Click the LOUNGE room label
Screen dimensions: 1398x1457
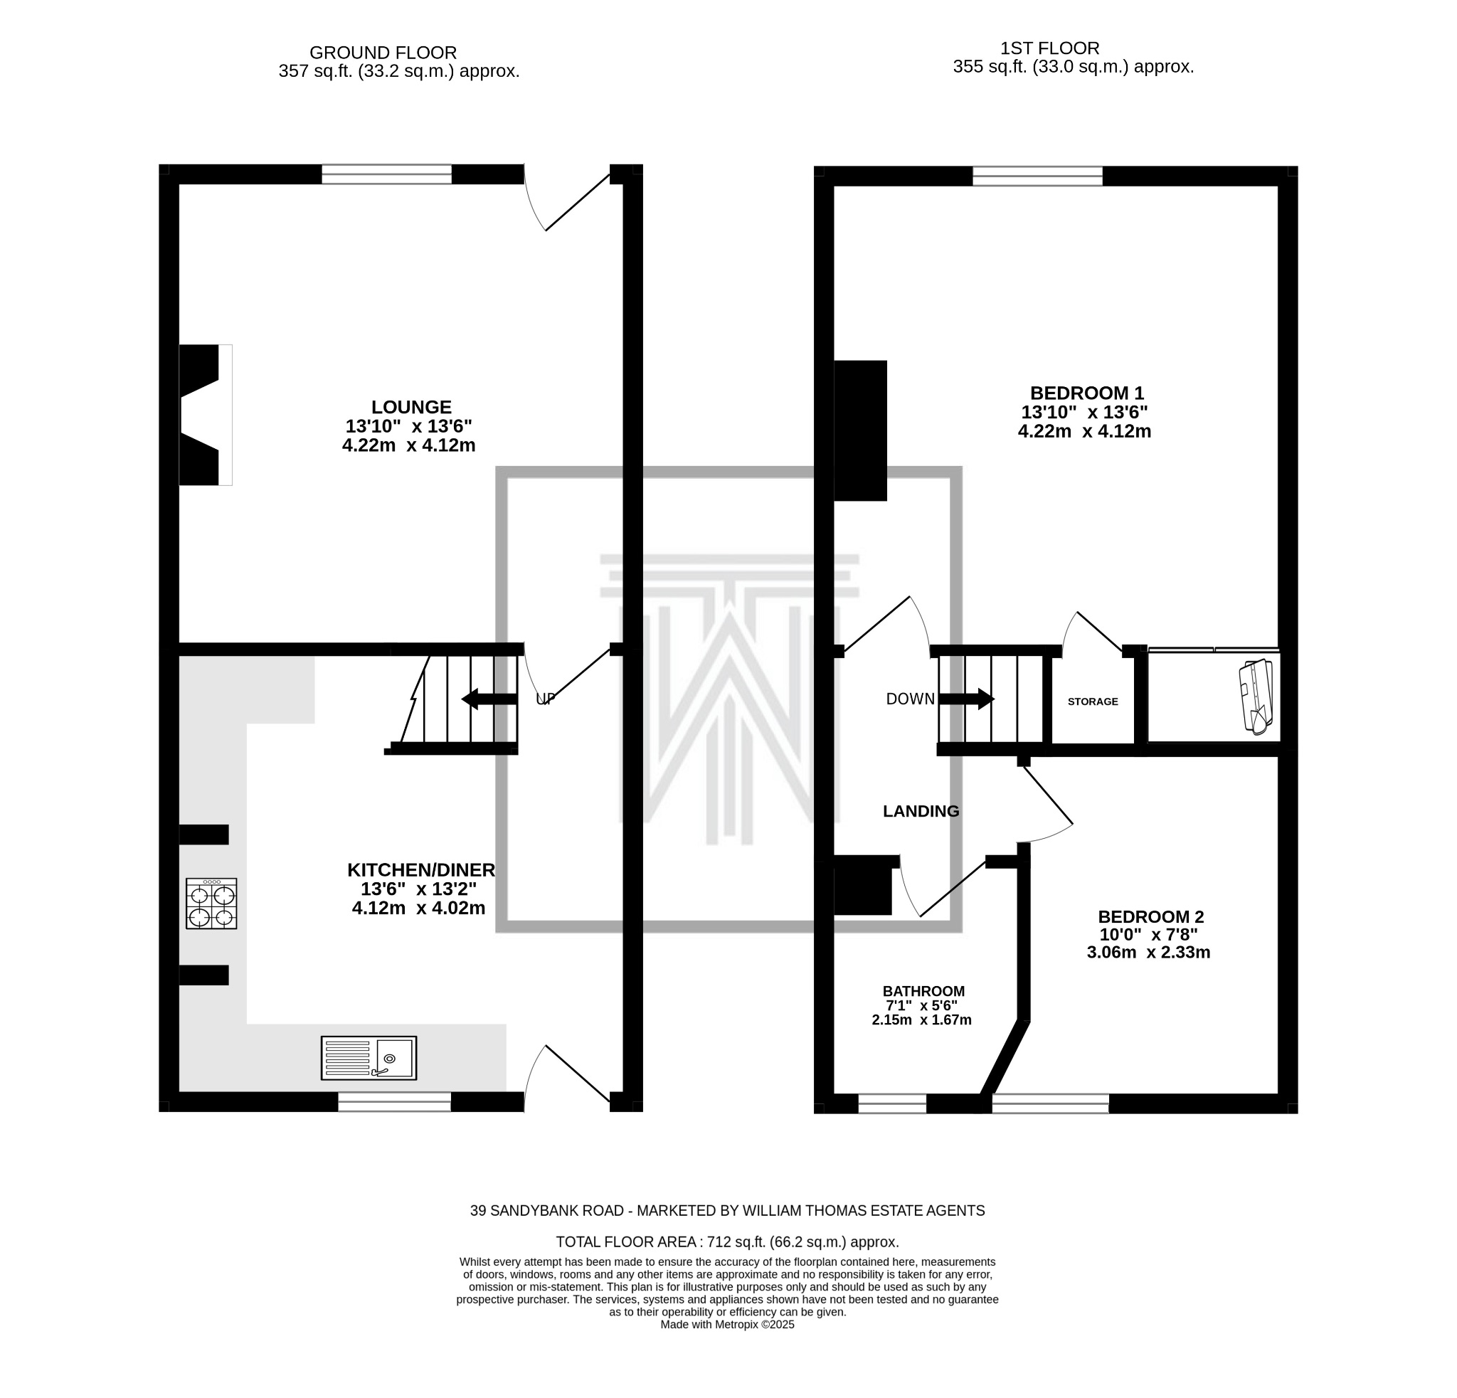[x=411, y=407]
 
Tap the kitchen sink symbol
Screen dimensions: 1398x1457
[x=369, y=1058]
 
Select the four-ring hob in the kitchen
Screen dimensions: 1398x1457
[x=211, y=903]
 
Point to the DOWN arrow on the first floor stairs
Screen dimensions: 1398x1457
[x=965, y=699]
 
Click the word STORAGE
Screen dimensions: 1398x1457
[x=1092, y=701]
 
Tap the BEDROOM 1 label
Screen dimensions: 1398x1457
[x=1086, y=393]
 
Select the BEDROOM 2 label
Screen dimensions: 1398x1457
[x=1150, y=917]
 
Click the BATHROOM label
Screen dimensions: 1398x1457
[x=923, y=991]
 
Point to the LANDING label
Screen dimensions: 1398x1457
[x=921, y=812]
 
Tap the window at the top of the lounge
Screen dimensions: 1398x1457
[x=386, y=174]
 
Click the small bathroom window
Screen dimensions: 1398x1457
[x=892, y=1103]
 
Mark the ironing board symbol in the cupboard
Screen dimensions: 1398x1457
[x=1256, y=697]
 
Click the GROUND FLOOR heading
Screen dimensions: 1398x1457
[x=383, y=53]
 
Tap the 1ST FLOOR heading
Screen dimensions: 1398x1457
[x=1049, y=48]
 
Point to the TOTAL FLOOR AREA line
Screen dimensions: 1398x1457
[x=727, y=1241]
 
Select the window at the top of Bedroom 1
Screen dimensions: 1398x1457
[x=1037, y=176]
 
